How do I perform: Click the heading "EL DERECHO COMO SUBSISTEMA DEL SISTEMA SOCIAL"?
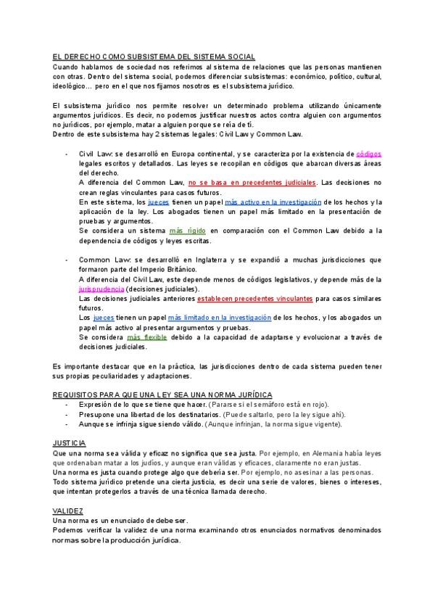click(x=154, y=57)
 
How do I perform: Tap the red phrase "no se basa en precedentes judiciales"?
click(x=252, y=183)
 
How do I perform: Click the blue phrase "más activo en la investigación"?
click(x=272, y=202)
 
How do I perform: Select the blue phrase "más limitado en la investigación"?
click(x=220, y=318)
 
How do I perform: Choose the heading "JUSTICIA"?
click(x=69, y=442)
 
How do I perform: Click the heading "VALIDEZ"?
click(x=67, y=511)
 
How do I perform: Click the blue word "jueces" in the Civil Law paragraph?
click(x=159, y=202)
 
